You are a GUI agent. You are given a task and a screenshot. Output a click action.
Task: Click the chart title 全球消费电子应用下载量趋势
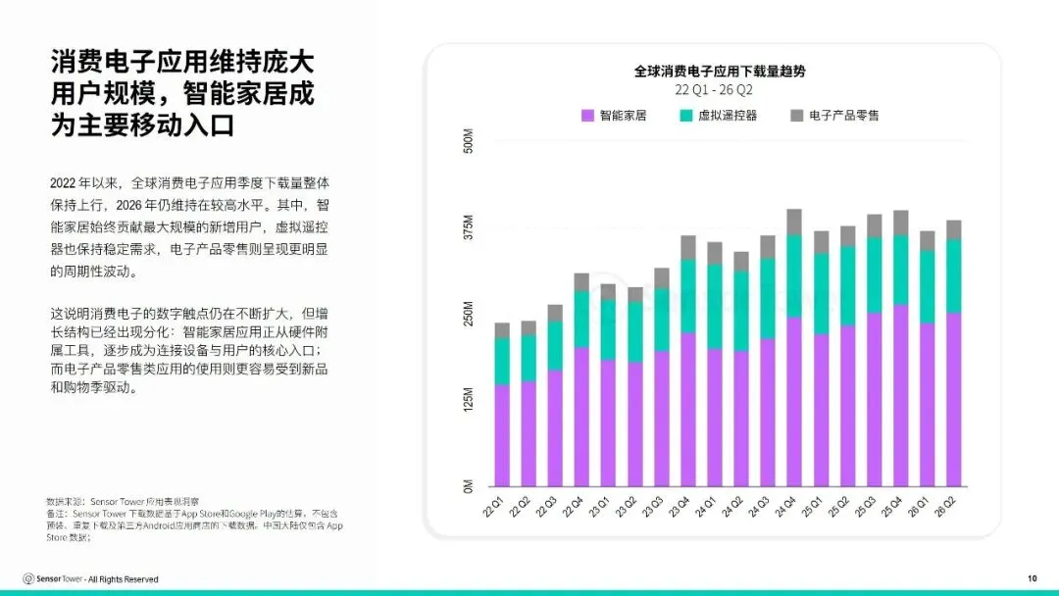[x=720, y=71]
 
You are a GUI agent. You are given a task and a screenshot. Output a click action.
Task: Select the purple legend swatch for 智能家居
[x=587, y=116]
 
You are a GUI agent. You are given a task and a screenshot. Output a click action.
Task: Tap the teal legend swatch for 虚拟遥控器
[x=686, y=116]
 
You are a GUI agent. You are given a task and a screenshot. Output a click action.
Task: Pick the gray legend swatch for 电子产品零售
[x=797, y=116]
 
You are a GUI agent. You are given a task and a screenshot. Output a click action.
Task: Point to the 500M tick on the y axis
[x=469, y=141]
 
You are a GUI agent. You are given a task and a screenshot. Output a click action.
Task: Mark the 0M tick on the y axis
[x=469, y=486]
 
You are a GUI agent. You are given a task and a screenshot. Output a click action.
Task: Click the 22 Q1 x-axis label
[x=493, y=507]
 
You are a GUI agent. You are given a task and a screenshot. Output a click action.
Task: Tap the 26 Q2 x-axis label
[x=945, y=507]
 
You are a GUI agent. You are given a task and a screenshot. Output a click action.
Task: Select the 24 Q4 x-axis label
[x=786, y=507]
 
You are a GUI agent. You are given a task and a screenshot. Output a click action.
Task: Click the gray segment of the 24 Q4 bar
[x=794, y=223]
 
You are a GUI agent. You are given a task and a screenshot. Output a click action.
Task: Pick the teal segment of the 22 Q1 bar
[x=502, y=362]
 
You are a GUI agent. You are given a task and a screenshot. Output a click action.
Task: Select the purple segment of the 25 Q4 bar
[x=901, y=395]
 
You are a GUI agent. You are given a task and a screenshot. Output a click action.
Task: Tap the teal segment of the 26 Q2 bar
[x=954, y=276]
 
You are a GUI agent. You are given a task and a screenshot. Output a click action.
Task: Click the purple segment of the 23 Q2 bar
[x=634, y=424]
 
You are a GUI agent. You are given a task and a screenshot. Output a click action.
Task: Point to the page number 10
[x=1032, y=578]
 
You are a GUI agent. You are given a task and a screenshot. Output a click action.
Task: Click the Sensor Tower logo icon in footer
[x=28, y=578]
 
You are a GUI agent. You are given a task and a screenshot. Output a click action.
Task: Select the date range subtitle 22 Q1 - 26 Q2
[x=713, y=90]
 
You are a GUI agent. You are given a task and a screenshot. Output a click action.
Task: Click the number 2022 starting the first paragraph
[x=63, y=183]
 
